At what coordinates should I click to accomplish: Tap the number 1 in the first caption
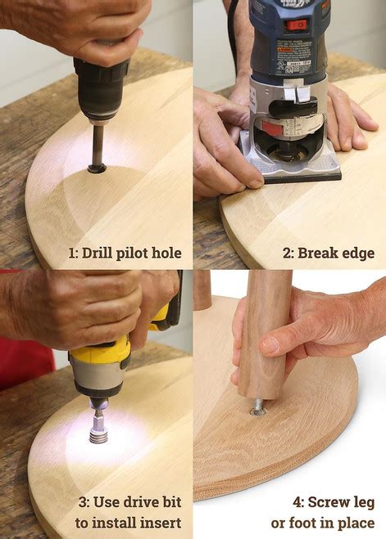click(73, 253)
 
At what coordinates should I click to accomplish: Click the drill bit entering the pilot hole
click(97, 148)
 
